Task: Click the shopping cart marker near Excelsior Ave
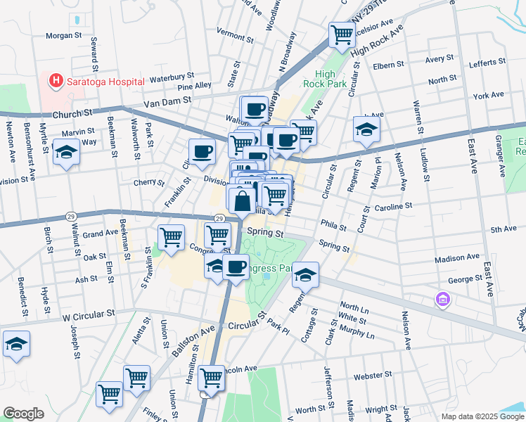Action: click(x=342, y=33)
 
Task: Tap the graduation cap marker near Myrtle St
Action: click(x=66, y=152)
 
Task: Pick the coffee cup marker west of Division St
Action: click(x=202, y=151)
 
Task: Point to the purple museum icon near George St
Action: click(x=442, y=300)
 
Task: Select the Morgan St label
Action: click(x=64, y=35)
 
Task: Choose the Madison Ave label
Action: click(x=457, y=258)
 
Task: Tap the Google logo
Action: click(x=23, y=414)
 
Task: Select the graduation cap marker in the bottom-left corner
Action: click(x=16, y=344)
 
